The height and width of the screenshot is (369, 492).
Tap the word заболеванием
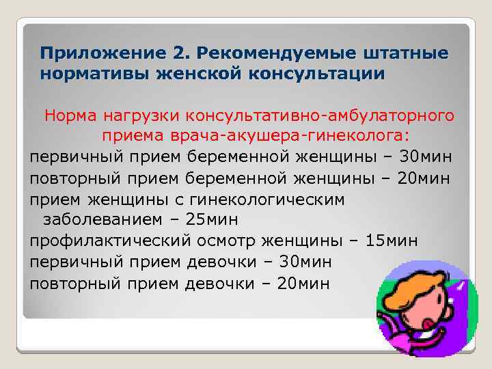[103, 219]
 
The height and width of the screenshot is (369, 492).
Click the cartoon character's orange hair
[417, 290]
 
